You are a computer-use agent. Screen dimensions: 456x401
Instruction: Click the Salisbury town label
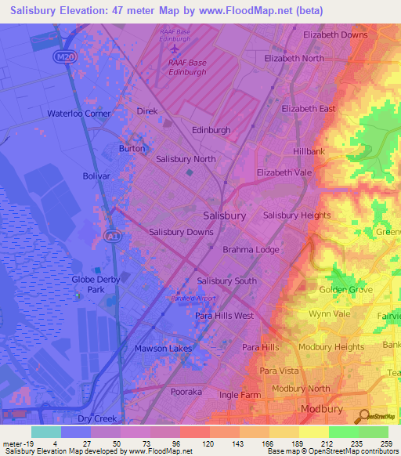(224, 215)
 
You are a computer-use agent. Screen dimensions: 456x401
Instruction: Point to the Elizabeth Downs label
(335, 35)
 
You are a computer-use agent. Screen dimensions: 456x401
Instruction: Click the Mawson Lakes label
(162, 348)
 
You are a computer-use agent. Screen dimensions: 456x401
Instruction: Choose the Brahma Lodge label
(251, 250)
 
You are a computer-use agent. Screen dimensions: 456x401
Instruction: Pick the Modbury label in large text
(321, 410)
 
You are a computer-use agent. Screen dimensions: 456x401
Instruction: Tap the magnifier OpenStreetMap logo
(364, 416)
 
